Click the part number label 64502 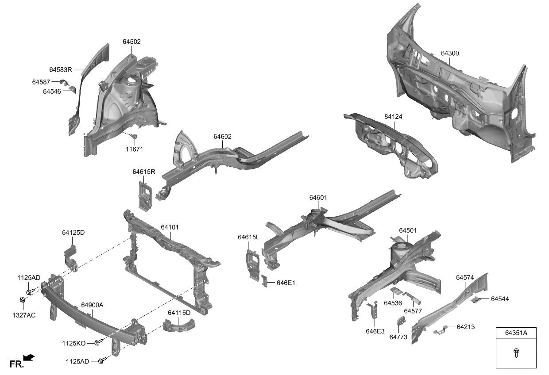click(131, 42)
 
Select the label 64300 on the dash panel click(449, 53)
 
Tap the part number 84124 click(393, 117)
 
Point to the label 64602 click(222, 137)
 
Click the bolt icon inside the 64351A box click(516, 352)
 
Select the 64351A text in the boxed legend click(516, 333)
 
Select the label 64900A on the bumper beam click(92, 305)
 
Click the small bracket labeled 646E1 click(264, 281)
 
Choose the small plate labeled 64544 click(476, 299)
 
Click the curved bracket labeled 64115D click(179, 326)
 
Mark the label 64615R click(143, 172)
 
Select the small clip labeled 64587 click(63, 82)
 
